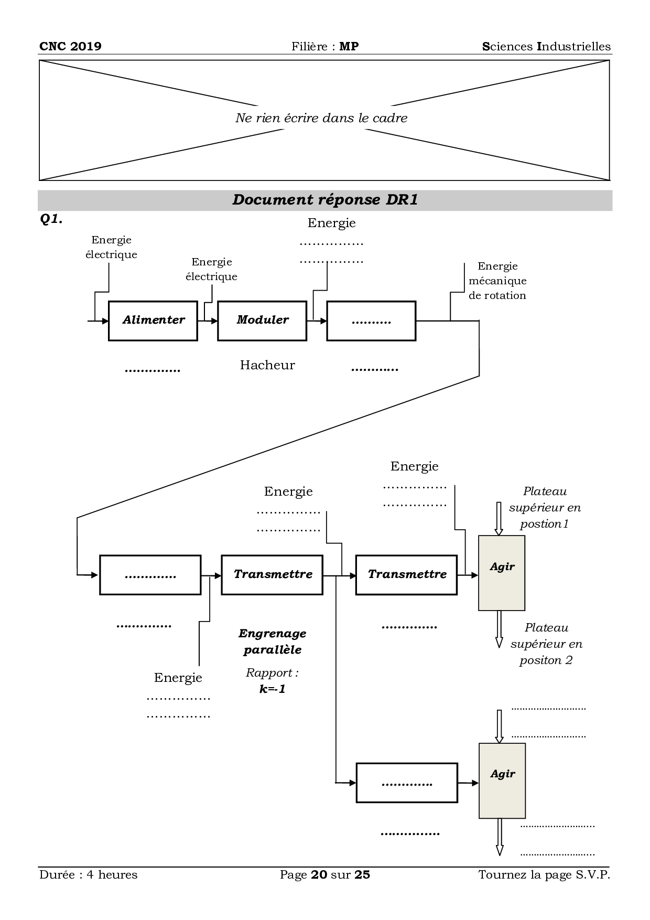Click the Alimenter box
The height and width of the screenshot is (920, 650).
point(153,320)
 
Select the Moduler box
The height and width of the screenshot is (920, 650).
point(262,320)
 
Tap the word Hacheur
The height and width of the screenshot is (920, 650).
point(267,365)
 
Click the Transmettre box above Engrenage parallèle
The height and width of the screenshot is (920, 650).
point(272,574)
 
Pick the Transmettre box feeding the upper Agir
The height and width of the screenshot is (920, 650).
point(406,574)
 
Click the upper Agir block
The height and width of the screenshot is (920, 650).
point(502,573)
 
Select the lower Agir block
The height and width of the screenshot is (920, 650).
point(502,780)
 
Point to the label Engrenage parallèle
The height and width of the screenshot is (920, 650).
point(273,641)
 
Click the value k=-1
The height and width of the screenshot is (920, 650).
point(273,689)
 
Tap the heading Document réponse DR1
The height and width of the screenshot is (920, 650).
point(325,200)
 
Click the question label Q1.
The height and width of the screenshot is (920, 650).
point(51,220)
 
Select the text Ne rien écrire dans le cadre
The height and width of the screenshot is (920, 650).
point(321,118)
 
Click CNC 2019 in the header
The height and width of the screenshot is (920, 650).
point(70,46)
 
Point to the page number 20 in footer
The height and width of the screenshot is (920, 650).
point(319,874)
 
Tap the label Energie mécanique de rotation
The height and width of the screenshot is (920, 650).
point(497,281)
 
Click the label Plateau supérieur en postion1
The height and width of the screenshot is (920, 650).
point(545,507)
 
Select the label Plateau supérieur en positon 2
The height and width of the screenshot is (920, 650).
point(546,644)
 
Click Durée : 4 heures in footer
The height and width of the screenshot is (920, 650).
point(88,874)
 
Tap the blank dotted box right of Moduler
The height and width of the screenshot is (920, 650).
point(371,320)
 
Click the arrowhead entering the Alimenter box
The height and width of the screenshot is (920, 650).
point(105,320)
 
